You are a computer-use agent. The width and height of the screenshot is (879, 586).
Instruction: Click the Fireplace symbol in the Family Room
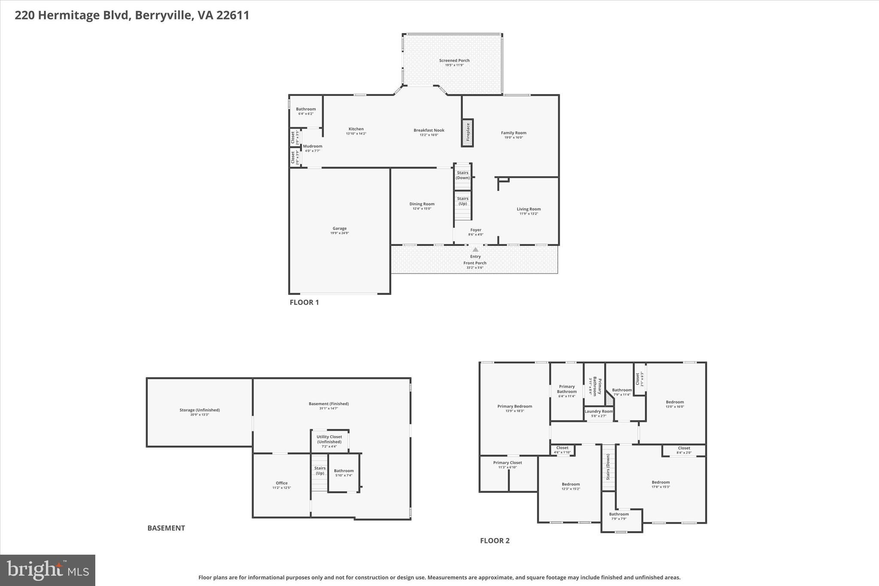(x=467, y=133)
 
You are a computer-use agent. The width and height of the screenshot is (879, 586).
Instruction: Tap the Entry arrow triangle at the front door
(x=475, y=249)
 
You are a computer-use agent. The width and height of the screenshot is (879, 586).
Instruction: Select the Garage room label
(x=339, y=228)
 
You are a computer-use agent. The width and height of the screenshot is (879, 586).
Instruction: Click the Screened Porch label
(x=454, y=61)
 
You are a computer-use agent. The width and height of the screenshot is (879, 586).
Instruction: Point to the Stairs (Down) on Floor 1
(x=463, y=176)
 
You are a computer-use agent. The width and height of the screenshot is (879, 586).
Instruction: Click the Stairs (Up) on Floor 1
(x=463, y=201)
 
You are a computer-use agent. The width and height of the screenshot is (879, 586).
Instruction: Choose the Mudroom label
(x=312, y=146)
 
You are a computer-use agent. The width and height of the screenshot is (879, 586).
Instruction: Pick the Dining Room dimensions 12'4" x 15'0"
(x=422, y=209)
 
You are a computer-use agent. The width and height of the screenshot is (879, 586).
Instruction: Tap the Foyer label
(x=476, y=230)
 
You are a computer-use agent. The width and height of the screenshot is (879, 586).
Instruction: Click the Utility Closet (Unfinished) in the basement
(x=329, y=439)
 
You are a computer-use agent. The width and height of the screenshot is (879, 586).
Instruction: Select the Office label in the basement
(x=282, y=483)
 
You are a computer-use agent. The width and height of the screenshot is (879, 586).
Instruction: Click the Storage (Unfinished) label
(x=200, y=410)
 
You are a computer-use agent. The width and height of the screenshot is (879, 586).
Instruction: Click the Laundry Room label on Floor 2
(x=599, y=411)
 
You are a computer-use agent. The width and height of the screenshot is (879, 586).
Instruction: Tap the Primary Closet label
(x=507, y=463)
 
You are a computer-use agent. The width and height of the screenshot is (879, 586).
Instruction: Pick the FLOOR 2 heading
(x=494, y=540)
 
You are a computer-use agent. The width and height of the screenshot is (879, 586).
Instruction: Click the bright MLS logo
(x=48, y=570)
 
